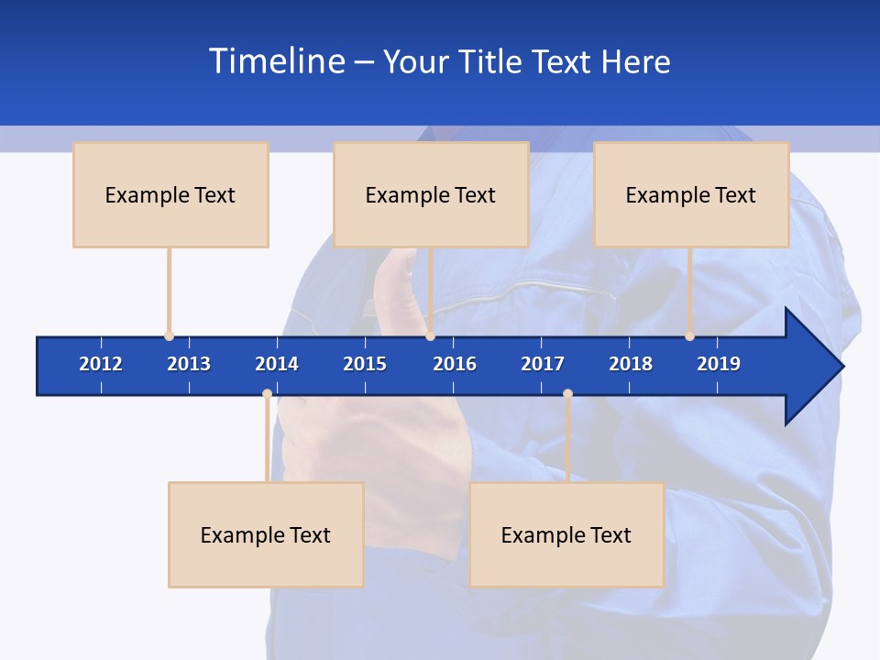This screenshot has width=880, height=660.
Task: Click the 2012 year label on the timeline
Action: click(101, 364)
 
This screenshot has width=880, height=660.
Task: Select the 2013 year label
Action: click(189, 364)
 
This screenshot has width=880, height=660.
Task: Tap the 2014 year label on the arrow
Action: click(277, 364)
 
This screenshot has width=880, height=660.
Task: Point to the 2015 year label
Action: click(365, 364)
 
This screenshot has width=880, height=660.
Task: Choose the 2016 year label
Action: click(455, 364)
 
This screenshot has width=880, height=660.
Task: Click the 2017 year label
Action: click(543, 364)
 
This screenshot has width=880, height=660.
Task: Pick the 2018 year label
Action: click(631, 364)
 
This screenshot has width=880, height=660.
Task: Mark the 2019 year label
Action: click(719, 364)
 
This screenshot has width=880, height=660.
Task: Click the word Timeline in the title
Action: click(276, 61)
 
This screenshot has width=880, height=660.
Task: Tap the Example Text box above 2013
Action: click(170, 194)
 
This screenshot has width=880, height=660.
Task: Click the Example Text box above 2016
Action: click(431, 194)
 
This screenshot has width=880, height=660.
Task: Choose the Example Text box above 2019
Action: click(691, 194)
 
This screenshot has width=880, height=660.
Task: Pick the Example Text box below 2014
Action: click(266, 534)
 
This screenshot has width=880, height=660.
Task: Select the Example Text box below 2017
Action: click(566, 534)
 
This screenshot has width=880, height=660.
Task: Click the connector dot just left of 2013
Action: click(169, 335)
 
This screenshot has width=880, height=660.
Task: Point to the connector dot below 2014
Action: click(267, 394)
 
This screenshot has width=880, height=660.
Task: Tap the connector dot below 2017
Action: click(567, 394)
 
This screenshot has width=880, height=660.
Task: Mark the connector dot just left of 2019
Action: click(690, 335)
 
